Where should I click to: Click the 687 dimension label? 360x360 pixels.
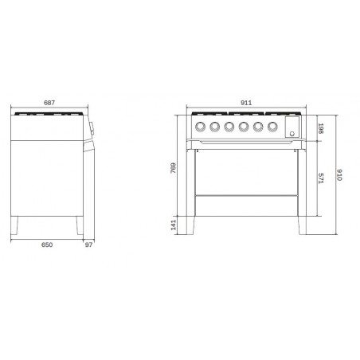(x=49, y=103)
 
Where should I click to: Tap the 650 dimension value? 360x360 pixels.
(x=47, y=245)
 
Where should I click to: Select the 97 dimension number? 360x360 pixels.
(x=88, y=245)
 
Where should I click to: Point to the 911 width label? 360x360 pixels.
(x=246, y=103)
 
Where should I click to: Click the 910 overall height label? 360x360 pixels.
(x=339, y=174)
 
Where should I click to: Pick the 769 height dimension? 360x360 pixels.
(x=173, y=168)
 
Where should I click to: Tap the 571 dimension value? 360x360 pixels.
(x=321, y=178)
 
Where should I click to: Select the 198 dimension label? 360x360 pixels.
(x=321, y=128)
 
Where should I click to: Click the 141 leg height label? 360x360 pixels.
(x=173, y=225)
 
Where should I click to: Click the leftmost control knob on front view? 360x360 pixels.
(x=200, y=127)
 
